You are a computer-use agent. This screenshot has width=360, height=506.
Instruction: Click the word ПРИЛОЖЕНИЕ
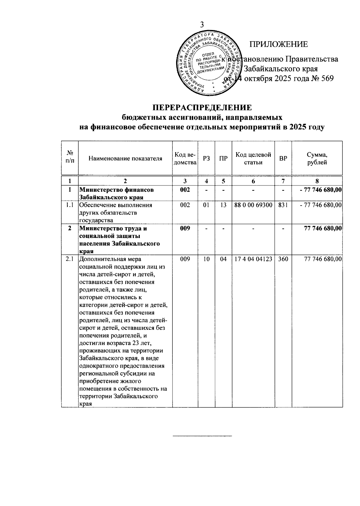tap(279, 44)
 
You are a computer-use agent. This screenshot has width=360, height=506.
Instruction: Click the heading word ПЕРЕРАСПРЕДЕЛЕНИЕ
tap(202, 107)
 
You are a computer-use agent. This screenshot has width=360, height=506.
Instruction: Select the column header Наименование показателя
tap(125, 158)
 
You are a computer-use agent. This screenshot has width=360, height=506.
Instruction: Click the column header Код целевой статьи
tap(253, 158)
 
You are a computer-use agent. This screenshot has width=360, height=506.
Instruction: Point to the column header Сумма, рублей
tap(317, 158)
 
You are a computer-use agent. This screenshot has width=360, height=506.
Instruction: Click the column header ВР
tap(283, 158)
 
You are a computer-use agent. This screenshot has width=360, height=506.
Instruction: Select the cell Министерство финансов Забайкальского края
tap(117, 194)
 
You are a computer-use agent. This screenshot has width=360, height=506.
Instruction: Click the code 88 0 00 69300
tap(253, 205)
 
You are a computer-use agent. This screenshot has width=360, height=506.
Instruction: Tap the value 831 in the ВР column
tap(283, 205)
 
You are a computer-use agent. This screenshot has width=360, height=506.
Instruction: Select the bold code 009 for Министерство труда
tap(185, 228)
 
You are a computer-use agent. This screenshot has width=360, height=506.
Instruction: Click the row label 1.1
tap(70, 205)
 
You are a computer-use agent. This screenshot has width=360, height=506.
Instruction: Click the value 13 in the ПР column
tap(223, 205)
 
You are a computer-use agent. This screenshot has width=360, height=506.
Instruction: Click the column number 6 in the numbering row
tap(253, 181)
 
